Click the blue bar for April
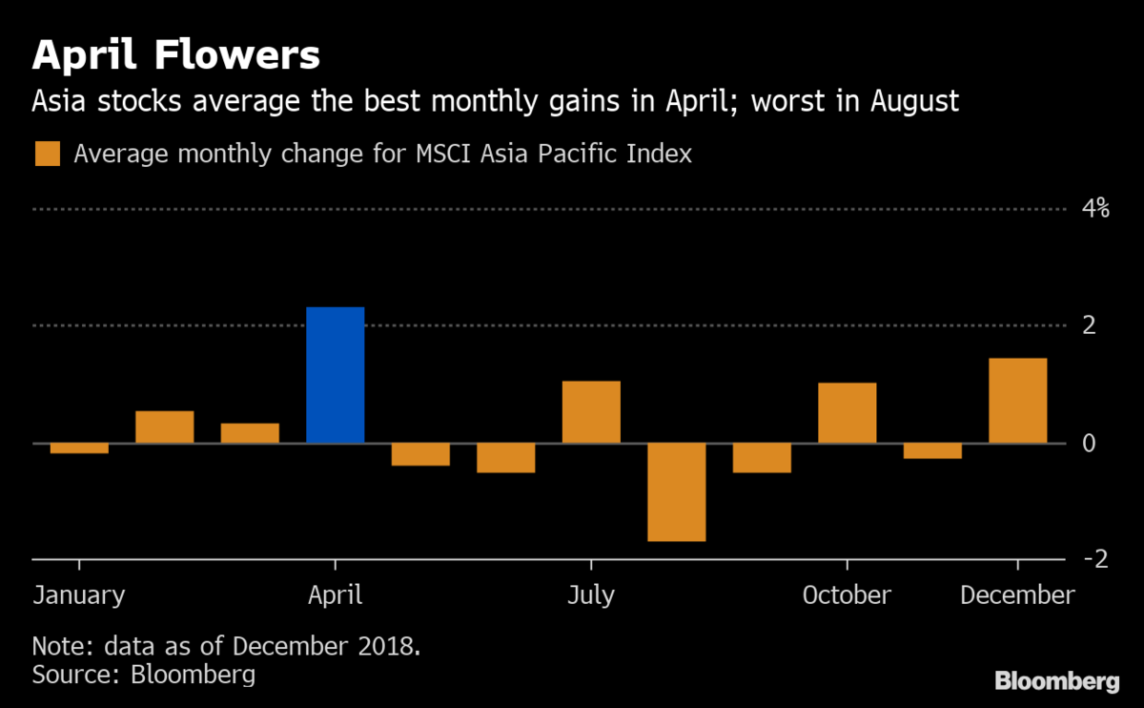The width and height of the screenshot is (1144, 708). pyautogui.click(x=336, y=375)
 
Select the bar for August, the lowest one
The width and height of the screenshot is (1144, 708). pyautogui.click(x=676, y=491)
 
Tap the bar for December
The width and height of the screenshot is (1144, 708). pyautogui.click(x=1017, y=401)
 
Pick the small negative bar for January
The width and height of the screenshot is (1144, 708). pyautogui.click(x=79, y=448)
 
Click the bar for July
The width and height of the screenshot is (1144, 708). pyautogui.click(x=591, y=412)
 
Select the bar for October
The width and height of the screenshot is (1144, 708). pyautogui.click(x=847, y=413)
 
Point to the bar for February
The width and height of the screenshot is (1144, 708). pyautogui.click(x=165, y=427)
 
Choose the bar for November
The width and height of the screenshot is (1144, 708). pyautogui.click(x=932, y=450)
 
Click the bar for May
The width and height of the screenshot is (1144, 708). pyautogui.click(x=420, y=454)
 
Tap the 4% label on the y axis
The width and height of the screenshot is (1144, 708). pyautogui.click(x=1094, y=208)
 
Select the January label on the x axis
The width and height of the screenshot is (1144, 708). pyautogui.click(x=79, y=595)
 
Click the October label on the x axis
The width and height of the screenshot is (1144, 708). pyautogui.click(x=847, y=595)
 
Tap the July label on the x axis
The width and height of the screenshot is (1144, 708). pyautogui.click(x=591, y=595)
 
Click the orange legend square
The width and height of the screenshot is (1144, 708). pyautogui.click(x=48, y=154)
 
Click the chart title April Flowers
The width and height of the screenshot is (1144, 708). pyautogui.click(x=175, y=56)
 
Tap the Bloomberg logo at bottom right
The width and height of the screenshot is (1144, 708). pyautogui.click(x=1056, y=681)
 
